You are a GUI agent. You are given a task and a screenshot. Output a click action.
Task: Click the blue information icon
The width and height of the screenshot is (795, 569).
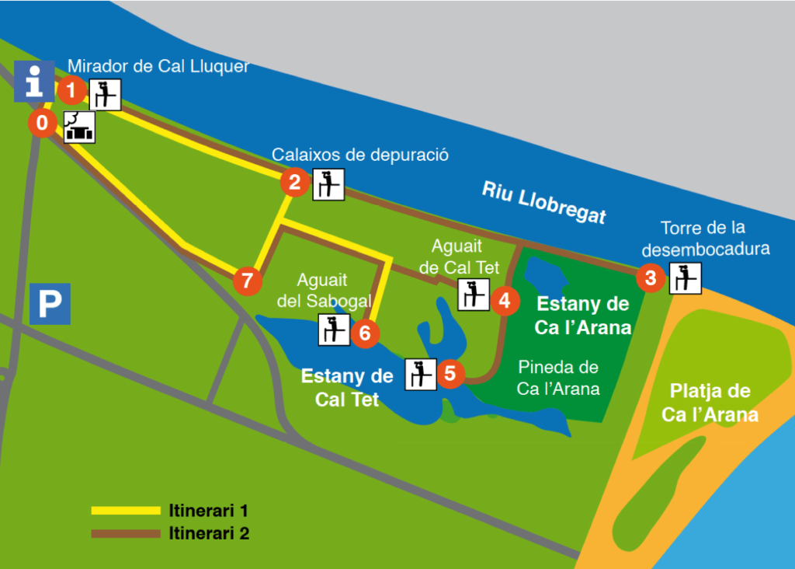point(34,80)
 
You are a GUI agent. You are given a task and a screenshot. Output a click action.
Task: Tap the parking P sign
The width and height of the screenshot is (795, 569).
point(50,304)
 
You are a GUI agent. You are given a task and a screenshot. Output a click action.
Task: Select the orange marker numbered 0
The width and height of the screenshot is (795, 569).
point(43,123)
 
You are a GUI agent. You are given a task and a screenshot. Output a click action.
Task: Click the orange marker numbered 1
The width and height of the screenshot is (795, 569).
point(71,91)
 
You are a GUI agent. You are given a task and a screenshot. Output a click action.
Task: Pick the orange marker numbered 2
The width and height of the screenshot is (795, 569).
point(294,183)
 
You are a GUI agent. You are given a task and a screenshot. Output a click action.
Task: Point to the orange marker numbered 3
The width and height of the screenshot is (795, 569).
point(651,278)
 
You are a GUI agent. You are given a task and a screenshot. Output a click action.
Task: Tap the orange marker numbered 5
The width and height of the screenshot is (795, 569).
point(450,373)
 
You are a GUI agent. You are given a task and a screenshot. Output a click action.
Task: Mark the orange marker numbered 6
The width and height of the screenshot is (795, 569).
point(365,333)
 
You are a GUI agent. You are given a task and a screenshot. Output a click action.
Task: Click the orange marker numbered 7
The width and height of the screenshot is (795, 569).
point(247,280)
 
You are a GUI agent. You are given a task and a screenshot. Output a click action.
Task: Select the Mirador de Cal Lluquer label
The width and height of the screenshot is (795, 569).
point(158,67)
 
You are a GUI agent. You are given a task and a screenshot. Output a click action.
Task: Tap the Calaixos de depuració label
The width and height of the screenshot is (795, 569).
point(360,155)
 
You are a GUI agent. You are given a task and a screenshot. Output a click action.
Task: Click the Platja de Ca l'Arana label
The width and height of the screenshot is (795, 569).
point(710,403)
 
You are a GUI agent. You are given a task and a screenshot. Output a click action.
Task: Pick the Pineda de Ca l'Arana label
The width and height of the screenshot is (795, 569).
point(558,378)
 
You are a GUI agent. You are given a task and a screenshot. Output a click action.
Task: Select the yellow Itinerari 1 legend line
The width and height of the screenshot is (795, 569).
point(125,511)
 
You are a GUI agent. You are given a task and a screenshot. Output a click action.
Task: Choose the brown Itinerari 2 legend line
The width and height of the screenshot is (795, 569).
point(125,534)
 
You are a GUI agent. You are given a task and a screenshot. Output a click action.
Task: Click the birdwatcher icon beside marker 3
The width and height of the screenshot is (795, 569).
point(686,278)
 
